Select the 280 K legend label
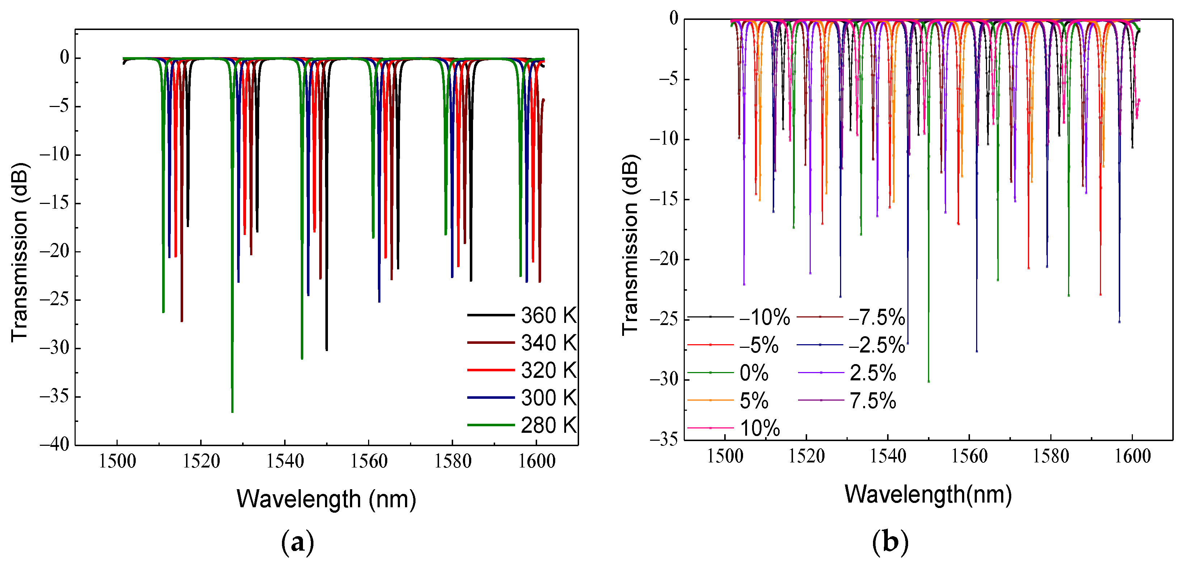pos(548,425)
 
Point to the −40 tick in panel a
pos(55,444)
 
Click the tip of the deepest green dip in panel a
pos(232,412)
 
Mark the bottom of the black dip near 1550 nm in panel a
pos(326,350)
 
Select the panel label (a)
pos(298,542)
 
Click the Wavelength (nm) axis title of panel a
pos(326,499)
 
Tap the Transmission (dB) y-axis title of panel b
pos(630,245)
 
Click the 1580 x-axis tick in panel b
pos(1051,456)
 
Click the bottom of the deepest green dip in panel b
pos(928,381)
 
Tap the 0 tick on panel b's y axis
pos(674,19)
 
